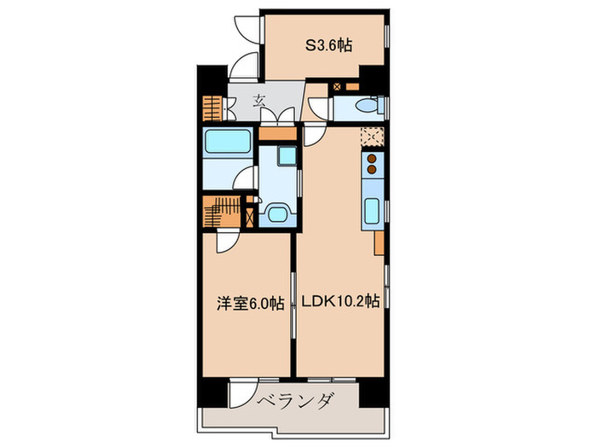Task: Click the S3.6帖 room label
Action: click(x=328, y=47)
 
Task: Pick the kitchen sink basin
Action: click(x=372, y=211)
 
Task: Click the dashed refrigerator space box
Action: click(x=371, y=137)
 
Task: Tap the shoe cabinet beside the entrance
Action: click(x=212, y=108)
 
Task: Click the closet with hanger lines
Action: click(x=223, y=211)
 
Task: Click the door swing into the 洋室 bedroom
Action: click(x=229, y=243)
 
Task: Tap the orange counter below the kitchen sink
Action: click(x=378, y=242)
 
